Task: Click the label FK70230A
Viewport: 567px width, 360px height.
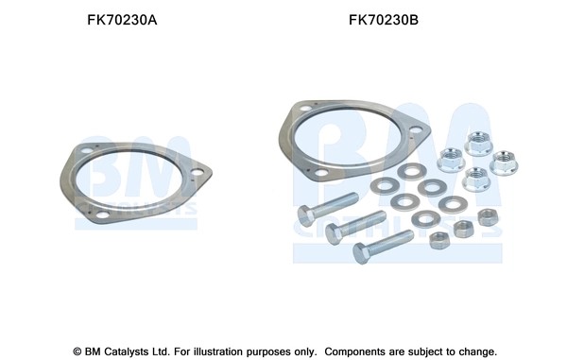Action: tap(122, 20)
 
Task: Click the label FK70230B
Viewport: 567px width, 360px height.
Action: tap(384, 20)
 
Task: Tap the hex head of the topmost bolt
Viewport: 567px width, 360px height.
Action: tap(306, 215)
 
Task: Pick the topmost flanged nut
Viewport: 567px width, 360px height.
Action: tap(478, 143)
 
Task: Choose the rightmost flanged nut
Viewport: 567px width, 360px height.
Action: tap(504, 163)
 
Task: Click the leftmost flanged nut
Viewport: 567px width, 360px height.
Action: tap(451, 160)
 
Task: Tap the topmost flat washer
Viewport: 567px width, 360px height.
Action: tap(412, 171)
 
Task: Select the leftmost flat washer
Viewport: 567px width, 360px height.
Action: tap(385, 186)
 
